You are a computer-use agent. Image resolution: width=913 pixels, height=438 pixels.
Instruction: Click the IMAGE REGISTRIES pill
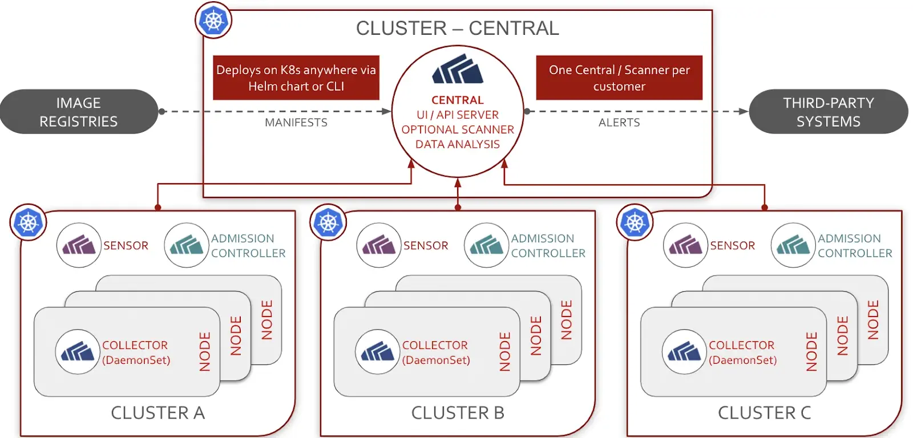click(x=79, y=112)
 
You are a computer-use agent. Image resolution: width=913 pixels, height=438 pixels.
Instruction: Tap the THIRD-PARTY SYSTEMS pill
click(x=828, y=112)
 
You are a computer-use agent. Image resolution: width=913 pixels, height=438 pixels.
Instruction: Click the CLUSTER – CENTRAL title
click(x=457, y=28)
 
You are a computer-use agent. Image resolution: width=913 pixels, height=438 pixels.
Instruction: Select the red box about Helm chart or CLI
click(x=296, y=78)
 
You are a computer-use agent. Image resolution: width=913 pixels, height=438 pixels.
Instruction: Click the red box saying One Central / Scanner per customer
click(x=619, y=78)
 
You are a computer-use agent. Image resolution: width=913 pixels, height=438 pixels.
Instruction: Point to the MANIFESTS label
click(x=296, y=123)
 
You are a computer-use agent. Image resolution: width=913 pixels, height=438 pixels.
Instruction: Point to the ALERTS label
click(x=619, y=123)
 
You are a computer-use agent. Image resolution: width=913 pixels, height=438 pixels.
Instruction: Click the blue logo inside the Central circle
click(x=458, y=70)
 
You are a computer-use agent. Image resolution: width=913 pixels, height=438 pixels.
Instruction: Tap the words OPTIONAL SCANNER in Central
click(x=458, y=129)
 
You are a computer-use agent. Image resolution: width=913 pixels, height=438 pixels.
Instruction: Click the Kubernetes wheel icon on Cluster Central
click(x=213, y=21)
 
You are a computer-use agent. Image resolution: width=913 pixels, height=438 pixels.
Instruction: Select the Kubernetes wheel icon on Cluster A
click(x=29, y=222)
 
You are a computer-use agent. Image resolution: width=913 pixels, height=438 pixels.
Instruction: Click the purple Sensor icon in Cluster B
click(x=378, y=245)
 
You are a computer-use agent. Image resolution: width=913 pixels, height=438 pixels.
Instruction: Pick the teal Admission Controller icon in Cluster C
click(x=793, y=245)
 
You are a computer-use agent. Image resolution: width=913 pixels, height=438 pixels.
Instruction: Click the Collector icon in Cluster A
click(x=78, y=352)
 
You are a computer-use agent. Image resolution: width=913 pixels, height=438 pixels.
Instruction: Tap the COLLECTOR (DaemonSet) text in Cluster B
click(x=436, y=352)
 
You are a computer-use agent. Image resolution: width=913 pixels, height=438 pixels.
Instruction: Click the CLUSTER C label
click(x=764, y=412)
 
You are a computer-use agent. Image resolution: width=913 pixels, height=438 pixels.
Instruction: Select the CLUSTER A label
click(x=157, y=412)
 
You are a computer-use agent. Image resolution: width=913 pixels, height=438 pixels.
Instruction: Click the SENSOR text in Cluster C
click(x=732, y=246)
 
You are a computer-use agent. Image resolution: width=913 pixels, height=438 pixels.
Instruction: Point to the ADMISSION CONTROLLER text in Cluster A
click(x=248, y=246)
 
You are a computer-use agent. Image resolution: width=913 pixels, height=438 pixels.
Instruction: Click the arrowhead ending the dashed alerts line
click(x=744, y=112)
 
